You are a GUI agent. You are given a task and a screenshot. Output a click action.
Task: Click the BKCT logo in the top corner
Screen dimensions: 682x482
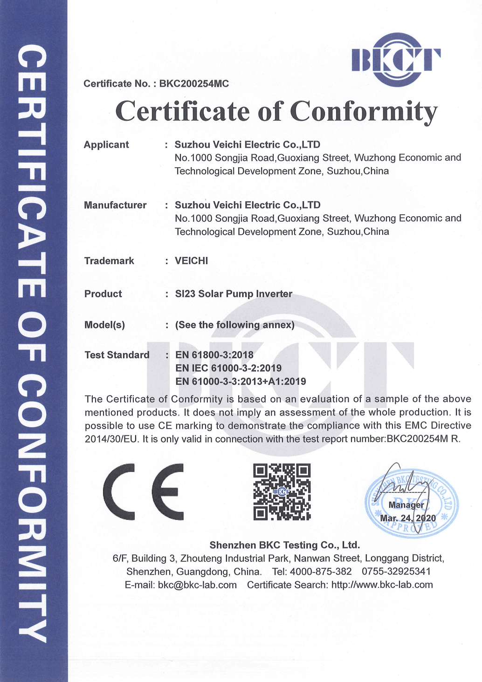[395, 60]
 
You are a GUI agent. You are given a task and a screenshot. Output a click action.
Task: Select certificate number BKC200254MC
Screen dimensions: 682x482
[194, 84]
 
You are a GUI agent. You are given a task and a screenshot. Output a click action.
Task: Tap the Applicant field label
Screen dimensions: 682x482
[106, 145]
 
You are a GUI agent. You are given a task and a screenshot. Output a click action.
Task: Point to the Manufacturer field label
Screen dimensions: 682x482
[115, 205]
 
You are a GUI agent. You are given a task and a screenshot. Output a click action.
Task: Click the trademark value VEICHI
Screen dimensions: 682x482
[192, 261]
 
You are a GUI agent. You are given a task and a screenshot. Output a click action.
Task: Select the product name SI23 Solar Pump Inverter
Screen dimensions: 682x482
[234, 294]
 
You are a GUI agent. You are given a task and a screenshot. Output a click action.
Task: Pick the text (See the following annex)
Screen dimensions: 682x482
[234, 325]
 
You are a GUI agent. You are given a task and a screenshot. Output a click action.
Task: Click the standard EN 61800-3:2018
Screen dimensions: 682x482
[214, 355]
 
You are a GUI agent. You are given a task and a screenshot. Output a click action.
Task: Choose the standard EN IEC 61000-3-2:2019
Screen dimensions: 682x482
[228, 368]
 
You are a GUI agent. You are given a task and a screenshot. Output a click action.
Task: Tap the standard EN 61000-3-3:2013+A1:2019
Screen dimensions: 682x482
[241, 382]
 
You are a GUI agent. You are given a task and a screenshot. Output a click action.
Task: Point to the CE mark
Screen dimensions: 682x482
[143, 491]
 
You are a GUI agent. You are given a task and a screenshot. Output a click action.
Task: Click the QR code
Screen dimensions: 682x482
[282, 491]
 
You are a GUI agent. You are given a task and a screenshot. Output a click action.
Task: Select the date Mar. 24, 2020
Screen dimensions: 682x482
[408, 518]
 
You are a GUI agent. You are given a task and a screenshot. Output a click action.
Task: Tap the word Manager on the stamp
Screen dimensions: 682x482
[406, 505]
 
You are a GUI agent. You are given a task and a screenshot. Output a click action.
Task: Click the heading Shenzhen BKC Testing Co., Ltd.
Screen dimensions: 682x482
[284, 545]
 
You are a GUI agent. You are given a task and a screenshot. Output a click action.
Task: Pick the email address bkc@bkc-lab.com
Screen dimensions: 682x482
[197, 585]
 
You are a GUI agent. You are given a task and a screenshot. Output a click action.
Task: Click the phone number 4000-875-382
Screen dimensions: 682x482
[321, 572]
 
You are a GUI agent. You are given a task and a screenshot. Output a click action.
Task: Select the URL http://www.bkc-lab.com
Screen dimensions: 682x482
[382, 585]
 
